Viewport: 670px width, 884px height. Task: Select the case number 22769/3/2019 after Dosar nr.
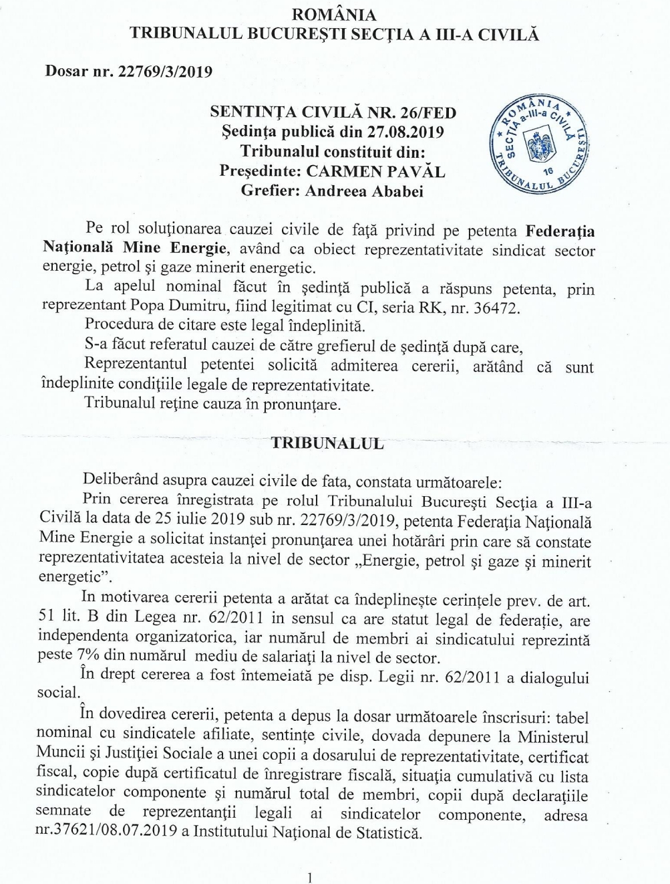tap(165, 72)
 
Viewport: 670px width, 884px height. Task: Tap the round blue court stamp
tap(538, 142)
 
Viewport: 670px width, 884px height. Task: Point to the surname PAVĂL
tap(419, 171)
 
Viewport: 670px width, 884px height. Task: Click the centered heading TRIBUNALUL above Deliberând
tap(327, 443)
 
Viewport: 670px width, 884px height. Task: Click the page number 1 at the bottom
tap(309, 877)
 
